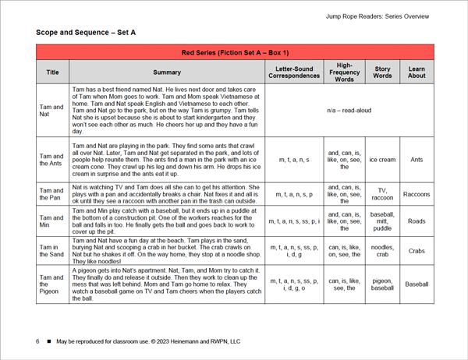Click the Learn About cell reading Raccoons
point(417,195)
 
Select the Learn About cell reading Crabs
point(417,251)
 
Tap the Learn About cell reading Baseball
point(417,284)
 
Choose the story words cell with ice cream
point(382,160)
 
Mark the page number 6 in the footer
point(37,341)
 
